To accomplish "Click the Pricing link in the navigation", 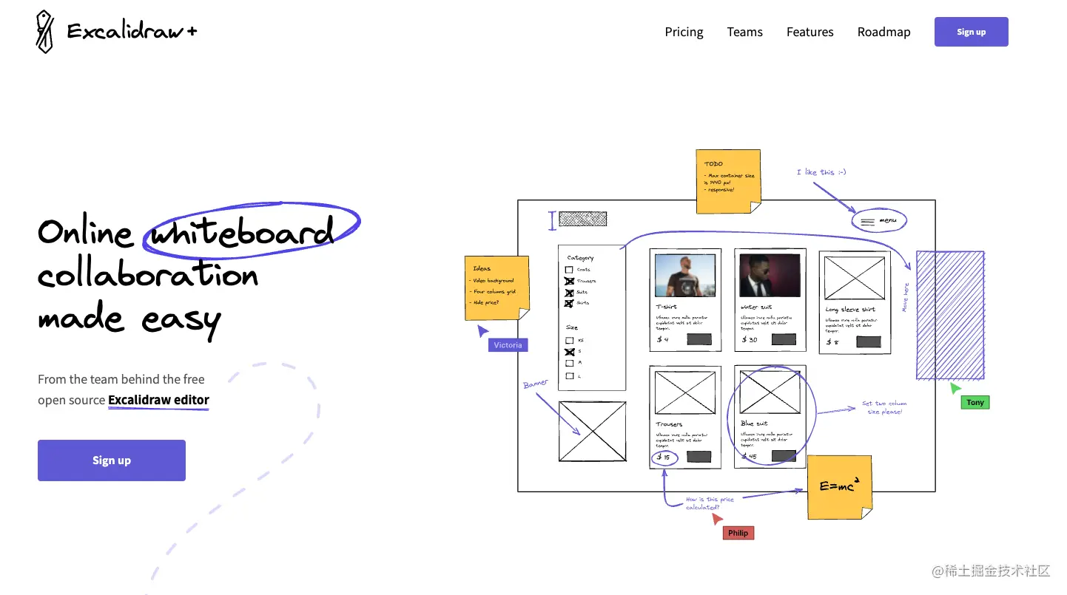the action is pos(684,32).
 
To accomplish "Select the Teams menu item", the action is pos(744,32).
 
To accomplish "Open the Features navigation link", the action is pos(809,32).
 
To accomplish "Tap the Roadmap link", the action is pos(883,32).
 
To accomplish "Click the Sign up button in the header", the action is pos(971,32).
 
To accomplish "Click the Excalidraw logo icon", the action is pos(45,32).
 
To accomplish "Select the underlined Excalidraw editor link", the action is pos(158,400).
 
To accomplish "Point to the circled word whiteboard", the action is pos(242,232).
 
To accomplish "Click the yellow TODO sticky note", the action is pos(728,180).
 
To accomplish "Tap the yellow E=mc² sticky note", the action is pos(839,486).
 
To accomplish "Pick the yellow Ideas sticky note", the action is pos(497,287).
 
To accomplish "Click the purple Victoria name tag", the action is pos(508,344).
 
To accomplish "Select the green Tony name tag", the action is pos(975,402).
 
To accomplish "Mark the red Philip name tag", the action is pos(738,532).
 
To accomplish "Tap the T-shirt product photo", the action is pos(685,276).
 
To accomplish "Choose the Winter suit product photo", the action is pos(770,276).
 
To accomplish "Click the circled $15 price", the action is pos(663,458).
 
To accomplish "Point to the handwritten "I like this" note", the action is pos(821,172).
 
